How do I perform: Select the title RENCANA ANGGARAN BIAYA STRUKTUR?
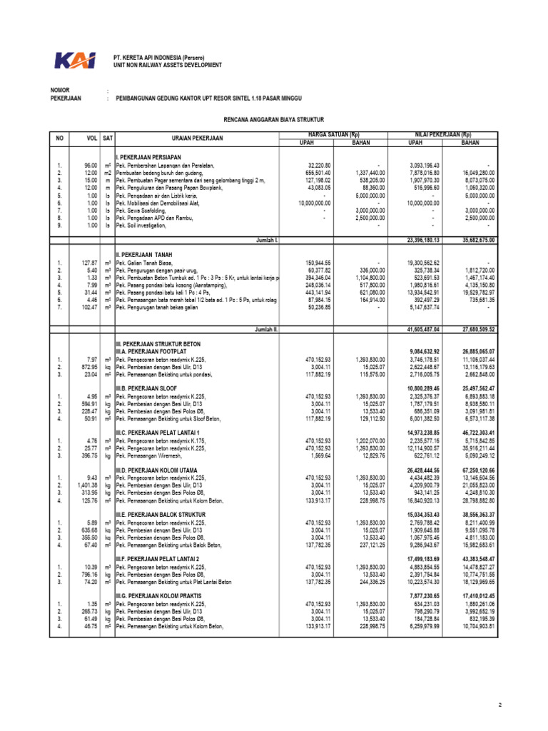pos(273,121)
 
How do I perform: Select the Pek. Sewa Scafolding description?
pos(148,211)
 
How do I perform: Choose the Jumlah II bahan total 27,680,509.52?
pos(472,330)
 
